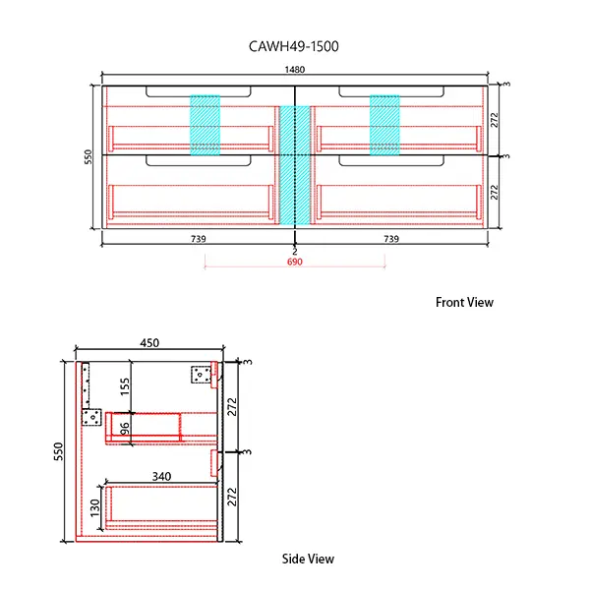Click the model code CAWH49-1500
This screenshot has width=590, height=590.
pyautogui.click(x=295, y=46)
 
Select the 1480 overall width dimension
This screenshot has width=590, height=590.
pyautogui.click(x=295, y=69)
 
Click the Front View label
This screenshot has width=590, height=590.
pyautogui.click(x=464, y=303)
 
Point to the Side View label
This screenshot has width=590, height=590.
pyautogui.click(x=308, y=559)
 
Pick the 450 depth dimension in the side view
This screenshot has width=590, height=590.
pyautogui.click(x=147, y=343)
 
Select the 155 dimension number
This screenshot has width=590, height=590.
pyautogui.click(x=126, y=386)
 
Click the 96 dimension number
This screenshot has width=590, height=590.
pyautogui.click(x=125, y=430)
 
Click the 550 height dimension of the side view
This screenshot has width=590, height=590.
pyautogui.click(x=59, y=451)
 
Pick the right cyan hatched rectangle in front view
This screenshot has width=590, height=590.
pyautogui.click(x=385, y=124)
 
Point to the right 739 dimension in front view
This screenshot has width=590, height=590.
pyautogui.click(x=390, y=239)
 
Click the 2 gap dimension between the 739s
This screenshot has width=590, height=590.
pyautogui.click(x=294, y=252)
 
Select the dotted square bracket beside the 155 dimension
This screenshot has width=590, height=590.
pyautogui.click(x=92, y=417)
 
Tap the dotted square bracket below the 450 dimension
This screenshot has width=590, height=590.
pyautogui.click(x=202, y=374)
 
